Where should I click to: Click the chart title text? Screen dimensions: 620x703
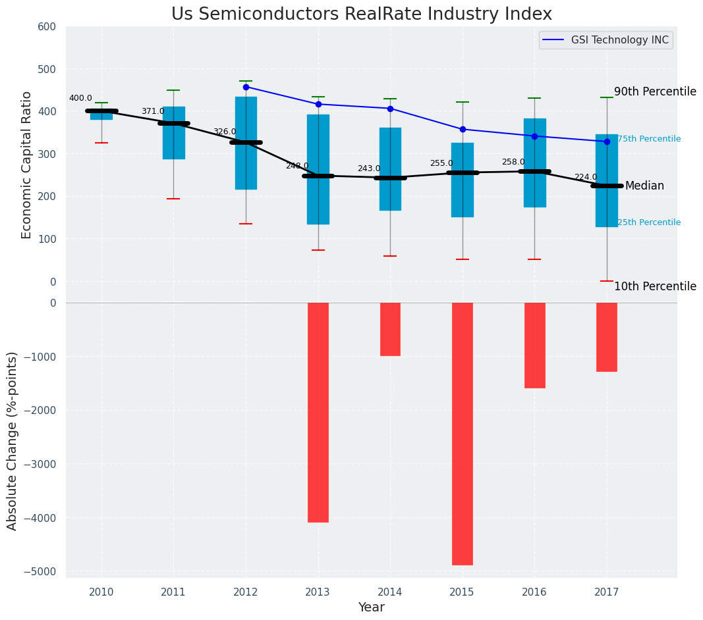click(361, 14)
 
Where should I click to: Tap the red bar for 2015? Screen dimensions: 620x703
click(462, 433)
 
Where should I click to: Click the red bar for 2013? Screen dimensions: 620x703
click(318, 412)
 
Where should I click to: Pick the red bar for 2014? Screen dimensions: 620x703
click(390, 329)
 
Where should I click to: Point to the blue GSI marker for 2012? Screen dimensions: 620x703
click(246, 87)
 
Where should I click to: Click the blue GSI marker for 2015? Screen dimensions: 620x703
click(463, 129)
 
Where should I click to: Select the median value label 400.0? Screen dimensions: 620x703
click(80, 99)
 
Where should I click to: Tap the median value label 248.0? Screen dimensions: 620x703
click(297, 166)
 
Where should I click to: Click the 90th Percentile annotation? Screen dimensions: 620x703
click(655, 91)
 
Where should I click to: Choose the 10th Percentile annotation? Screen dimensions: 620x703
click(655, 286)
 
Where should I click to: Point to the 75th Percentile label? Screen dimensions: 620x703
click(649, 139)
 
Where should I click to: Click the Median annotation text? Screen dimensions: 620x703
click(644, 186)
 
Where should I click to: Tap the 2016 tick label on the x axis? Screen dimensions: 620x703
click(534, 592)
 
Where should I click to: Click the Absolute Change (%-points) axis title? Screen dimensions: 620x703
click(13, 440)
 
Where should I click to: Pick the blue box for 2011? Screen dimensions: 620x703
click(174, 133)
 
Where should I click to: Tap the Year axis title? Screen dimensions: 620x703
click(371, 607)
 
